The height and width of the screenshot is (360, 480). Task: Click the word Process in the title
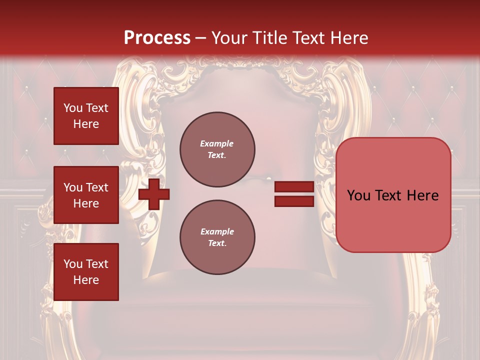coord(157,38)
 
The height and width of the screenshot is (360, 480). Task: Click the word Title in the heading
coord(270,38)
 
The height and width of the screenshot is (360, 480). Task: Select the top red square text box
coord(86,116)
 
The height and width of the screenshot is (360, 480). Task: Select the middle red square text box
coord(86,195)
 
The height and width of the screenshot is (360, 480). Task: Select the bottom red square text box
coord(86,272)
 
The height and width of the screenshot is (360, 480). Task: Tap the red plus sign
coord(154,194)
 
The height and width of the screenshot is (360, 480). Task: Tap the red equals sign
coord(294,194)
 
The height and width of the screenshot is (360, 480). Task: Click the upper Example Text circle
coord(217,149)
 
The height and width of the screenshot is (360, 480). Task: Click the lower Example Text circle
coord(217,237)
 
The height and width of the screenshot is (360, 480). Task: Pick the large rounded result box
coord(393,195)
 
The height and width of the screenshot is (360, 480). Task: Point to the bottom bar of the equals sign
coord(294,201)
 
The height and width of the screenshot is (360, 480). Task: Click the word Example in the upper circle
coord(217,143)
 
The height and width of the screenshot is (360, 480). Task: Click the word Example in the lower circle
coord(217,231)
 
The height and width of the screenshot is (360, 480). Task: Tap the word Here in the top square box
coord(86,124)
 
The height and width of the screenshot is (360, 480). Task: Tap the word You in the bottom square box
coord(72,264)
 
